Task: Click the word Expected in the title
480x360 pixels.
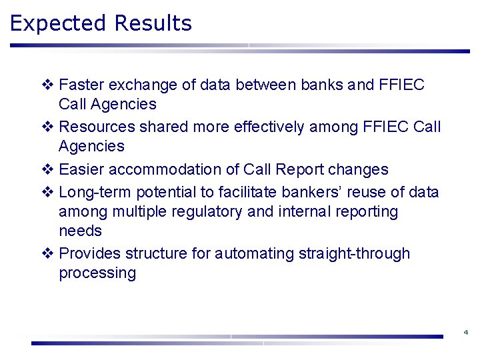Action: coord(59,24)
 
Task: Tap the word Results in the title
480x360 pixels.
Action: coord(153,23)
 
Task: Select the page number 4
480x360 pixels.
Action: coord(465,332)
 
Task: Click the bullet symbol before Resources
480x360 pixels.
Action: coord(47,127)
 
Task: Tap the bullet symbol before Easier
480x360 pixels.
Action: coord(47,170)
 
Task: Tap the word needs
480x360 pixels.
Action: coord(81,231)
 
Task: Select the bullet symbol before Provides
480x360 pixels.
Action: coord(47,254)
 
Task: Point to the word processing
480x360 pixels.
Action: coord(97,273)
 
